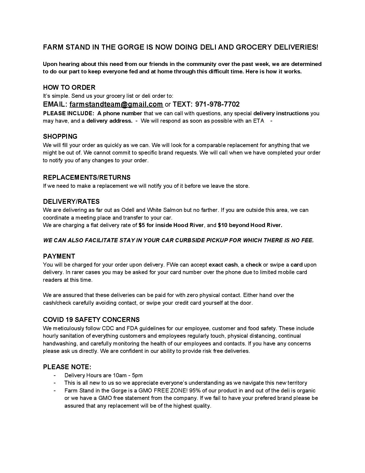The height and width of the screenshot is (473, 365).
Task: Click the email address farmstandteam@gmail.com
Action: coord(116,104)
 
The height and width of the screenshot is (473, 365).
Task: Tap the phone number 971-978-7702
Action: coord(217,104)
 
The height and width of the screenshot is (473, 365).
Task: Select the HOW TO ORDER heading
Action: coord(69,87)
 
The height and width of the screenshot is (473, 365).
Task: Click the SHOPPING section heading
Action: coord(60,136)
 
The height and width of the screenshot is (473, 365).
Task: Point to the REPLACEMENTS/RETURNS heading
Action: coord(87,177)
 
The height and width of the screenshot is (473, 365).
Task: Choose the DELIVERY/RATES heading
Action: coord(71,202)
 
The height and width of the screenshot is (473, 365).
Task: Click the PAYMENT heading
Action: coord(59,256)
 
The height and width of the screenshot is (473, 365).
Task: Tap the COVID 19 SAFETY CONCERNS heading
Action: coord(91,320)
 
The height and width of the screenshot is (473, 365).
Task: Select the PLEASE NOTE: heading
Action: coord(67,367)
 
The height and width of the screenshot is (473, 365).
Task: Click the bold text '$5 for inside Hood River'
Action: coord(171,225)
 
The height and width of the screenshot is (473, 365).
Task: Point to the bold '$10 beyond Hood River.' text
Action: coord(250,225)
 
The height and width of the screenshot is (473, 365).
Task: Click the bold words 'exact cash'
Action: coord(223,265)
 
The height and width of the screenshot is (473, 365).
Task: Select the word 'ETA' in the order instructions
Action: coord(259,121)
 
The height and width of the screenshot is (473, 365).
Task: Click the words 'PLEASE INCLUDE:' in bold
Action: coord(68,114)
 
